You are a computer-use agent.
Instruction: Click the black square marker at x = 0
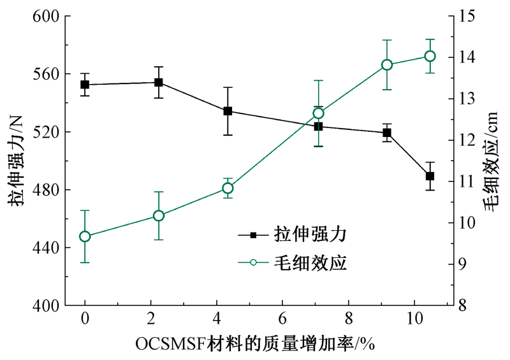[x=85, y=84]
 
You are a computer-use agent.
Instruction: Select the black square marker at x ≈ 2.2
[x=159, y=82]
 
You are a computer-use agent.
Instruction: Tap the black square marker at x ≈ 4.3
[x=228, y=111]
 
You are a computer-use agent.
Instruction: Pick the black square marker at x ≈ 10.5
[x=430, y=176]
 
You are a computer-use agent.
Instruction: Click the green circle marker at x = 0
[x=85, y=236]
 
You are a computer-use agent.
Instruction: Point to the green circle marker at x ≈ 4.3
[x=228, y=188]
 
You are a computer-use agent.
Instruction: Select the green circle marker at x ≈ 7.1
[x=319, y=113]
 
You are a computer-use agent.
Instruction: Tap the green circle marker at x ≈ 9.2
[x=387, y=65]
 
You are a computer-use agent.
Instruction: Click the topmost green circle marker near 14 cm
[x=430, y=56]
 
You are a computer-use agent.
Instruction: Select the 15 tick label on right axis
[x=466, y=16]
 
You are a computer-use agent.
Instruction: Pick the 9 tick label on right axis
[x=463, y=264]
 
